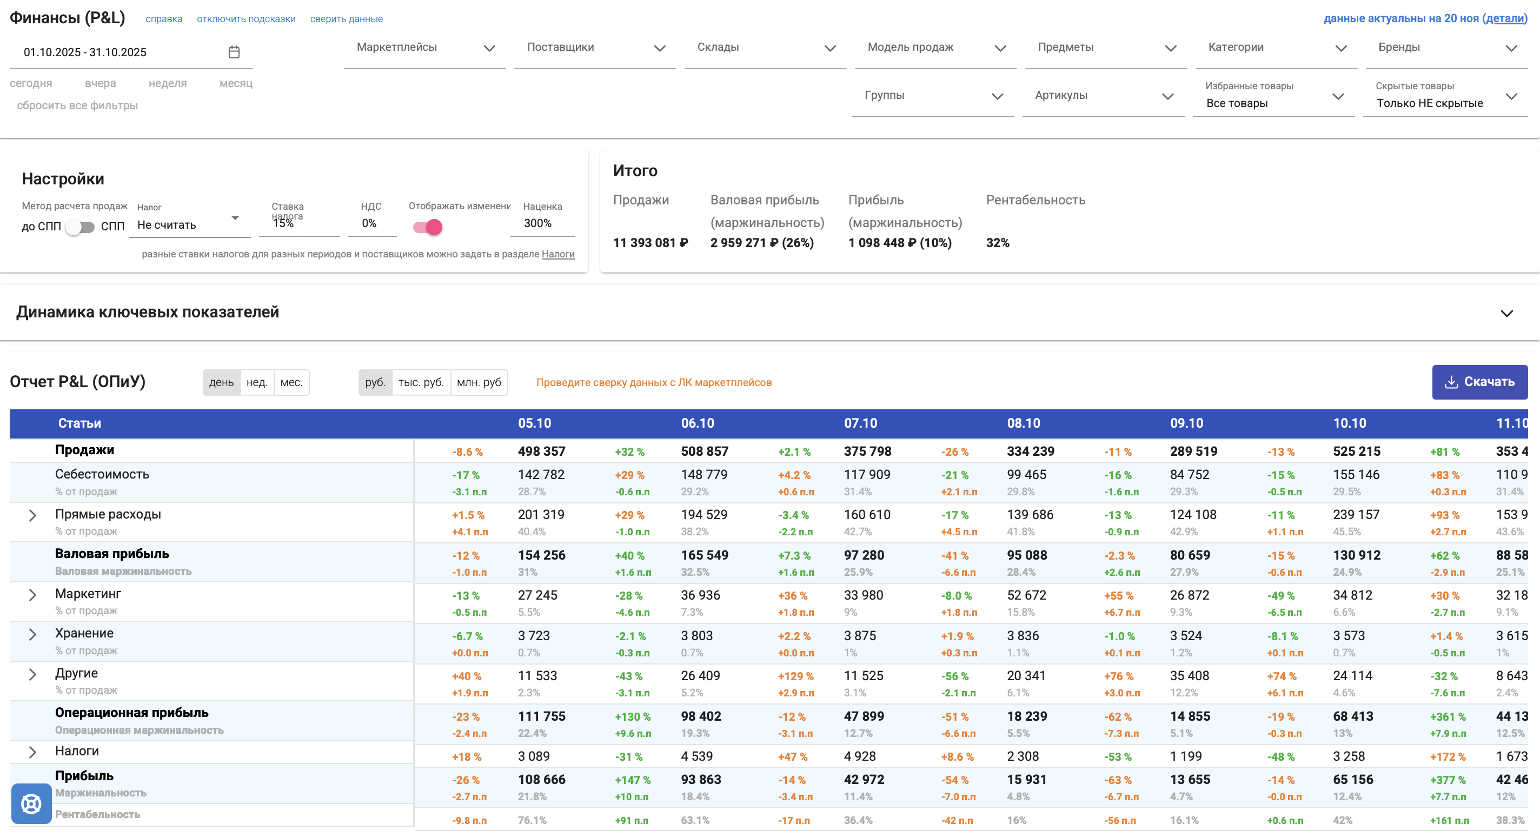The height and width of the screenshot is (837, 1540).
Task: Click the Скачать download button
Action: (x=1479, y=382)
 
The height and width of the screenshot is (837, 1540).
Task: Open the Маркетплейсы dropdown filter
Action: (x=425, y=48)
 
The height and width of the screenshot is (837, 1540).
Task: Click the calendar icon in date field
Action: (x=234, y=52)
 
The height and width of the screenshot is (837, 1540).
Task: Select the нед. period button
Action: (x=256, y=383)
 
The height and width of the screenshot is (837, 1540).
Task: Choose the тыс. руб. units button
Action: (x=421, y=383)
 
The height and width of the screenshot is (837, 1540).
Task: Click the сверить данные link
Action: (x=346, y=19)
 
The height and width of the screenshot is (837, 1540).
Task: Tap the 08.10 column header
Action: (x=1024, y=423)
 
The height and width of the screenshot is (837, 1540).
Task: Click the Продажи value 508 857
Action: (x=704, y=451)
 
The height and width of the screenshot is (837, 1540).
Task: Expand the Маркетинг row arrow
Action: (x=33, y=595)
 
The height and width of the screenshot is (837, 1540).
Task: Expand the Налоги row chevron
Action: (x=33, y=752)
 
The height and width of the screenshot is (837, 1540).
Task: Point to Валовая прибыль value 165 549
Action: (x=704, y=555)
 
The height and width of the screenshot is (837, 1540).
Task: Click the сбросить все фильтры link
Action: (x=77, y=106)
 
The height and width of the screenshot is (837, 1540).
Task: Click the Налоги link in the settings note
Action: (x=558, y=254)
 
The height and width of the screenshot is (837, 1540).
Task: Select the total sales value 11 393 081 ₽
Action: (x=650, y=243)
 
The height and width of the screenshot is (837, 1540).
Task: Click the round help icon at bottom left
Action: (x=31, y=803)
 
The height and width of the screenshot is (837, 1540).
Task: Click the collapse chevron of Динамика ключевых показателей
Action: (x=1506, y=313)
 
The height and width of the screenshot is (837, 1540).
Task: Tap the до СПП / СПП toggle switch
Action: (x=80, y=227)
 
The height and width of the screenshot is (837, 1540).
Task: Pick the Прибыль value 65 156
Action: (x=1353, y=780)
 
